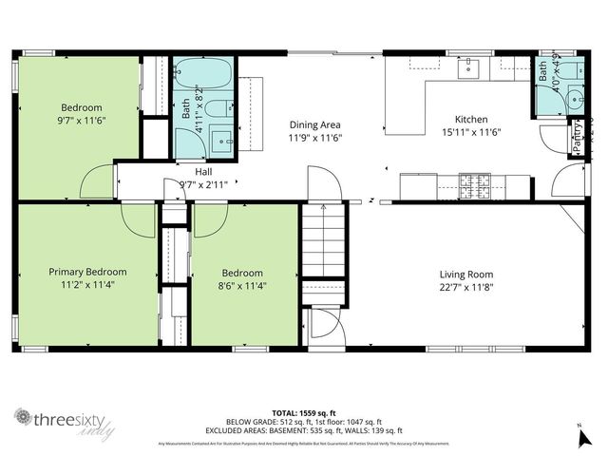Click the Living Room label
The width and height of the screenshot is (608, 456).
[x=465, y=272]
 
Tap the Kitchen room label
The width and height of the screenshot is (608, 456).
[x=471, y=120]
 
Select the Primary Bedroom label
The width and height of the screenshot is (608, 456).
[x=87, y=272]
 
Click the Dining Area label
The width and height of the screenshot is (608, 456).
[x=314, y=124]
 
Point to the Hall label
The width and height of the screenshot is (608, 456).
[x=203, y=172]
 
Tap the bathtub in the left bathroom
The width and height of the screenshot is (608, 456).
[x=203, y=73]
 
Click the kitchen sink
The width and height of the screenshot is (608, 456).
[x=470, y=68]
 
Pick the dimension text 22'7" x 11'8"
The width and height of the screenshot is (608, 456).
[x=465, y=286]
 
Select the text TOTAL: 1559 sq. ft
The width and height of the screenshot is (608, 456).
[x=303, y=412]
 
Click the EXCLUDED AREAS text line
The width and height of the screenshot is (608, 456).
[x=303, y=430]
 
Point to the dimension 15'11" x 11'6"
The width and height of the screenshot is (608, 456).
[x=471, y=134]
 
